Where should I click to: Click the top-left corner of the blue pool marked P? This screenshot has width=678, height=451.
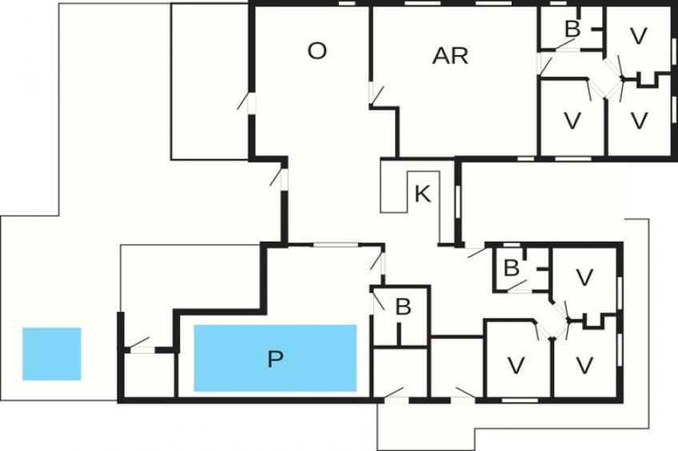(x=194, y=325)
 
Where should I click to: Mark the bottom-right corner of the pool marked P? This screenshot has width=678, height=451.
(x=357, y=391)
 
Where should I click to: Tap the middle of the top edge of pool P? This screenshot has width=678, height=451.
(x=275, y=325)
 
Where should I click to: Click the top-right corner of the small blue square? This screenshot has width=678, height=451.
(x=81, y=328)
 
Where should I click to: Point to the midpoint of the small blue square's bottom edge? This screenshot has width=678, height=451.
(x=52, y=380)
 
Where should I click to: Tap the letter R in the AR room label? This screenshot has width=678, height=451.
(x=459, y=56)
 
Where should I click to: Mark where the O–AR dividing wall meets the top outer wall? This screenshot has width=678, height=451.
(x=371, y=5)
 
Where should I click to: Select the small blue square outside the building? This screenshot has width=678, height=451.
(x=52, y=354)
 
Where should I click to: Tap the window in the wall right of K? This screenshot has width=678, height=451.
(x=458, y=202)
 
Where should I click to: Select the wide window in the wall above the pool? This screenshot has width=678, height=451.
(x=336, y=245)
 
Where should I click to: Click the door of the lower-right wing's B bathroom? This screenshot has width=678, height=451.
(x=517, y=287)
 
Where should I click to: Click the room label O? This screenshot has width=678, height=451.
(x=317, y=51)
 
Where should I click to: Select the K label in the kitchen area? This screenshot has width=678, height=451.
(x=422, y=194)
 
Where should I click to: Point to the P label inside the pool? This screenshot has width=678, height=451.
(x=275, y=358)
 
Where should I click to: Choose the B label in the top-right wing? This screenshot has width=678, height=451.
(x=572, y=30)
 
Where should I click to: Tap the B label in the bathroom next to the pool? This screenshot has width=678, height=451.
(x=403, y=307)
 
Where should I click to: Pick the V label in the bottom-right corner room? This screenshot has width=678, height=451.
(x=584, y=365)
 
